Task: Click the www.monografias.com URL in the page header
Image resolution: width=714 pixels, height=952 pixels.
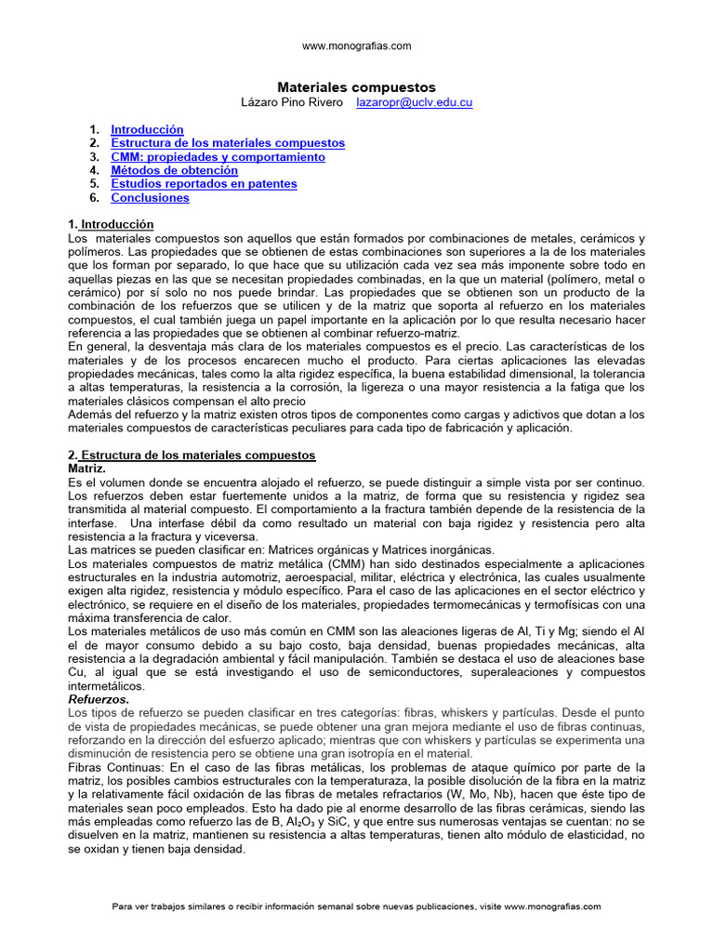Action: click(357, 46)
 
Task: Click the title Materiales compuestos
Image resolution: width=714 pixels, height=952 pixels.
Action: click(357, 86)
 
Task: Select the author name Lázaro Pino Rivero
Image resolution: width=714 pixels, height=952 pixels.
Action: click(293, 102)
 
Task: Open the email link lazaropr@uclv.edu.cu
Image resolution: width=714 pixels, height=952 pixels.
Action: click(415, 102)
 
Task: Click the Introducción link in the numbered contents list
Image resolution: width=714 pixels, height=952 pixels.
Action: click(147, 130)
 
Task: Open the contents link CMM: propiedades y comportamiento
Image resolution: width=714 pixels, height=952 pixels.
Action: click(218, 157)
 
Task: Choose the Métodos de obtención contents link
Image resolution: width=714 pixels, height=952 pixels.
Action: click(174, 170)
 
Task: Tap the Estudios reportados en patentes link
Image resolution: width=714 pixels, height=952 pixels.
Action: click(204, 184)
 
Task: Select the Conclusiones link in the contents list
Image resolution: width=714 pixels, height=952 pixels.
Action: click(150, 197)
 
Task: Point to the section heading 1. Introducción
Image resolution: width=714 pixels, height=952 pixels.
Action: click(111, 225)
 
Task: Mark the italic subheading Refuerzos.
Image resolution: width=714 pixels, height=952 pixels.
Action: click(99, 698)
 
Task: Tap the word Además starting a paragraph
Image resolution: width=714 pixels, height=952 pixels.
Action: click(89, 414)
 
